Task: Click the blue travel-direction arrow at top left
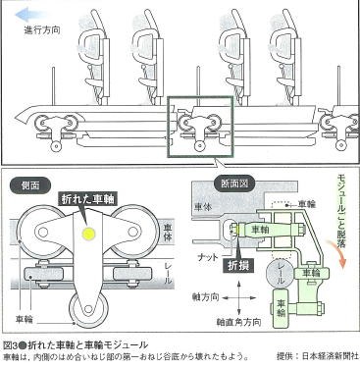click(22, 14)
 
